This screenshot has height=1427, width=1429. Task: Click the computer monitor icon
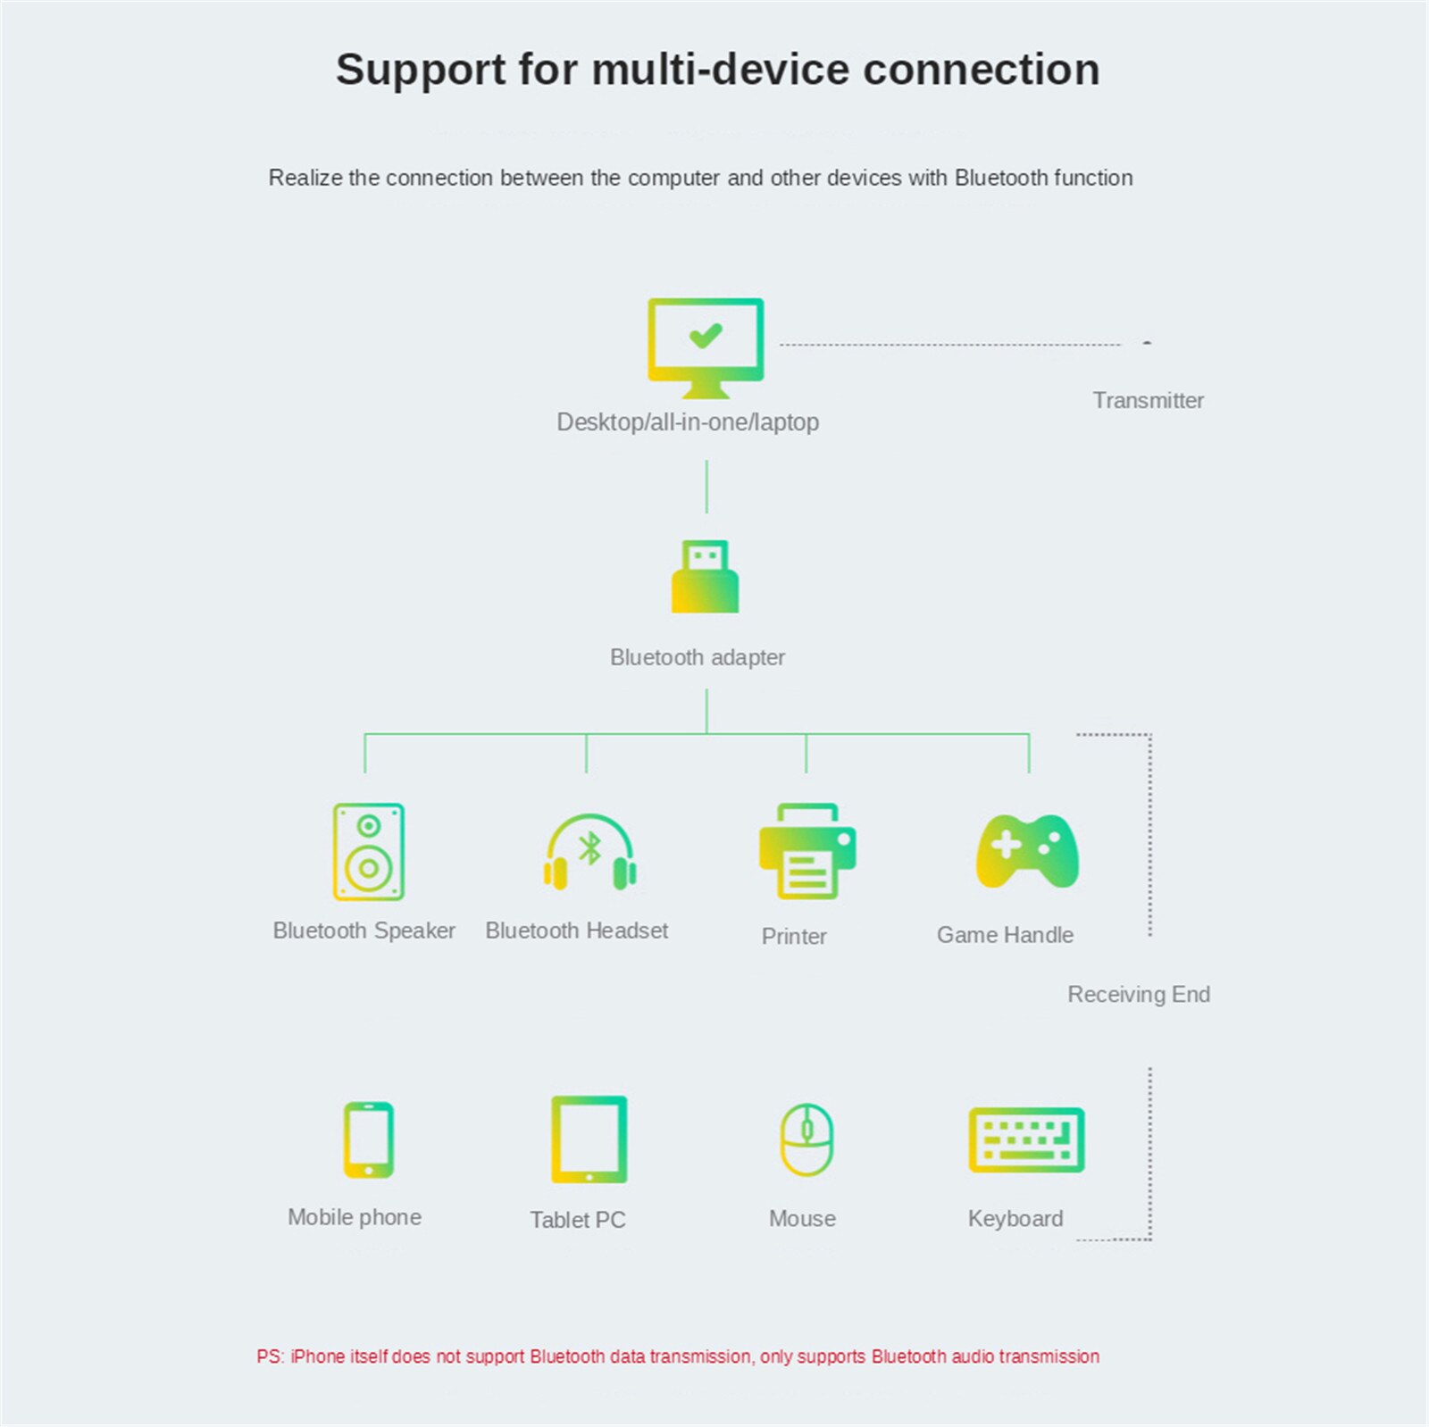click(706, 346)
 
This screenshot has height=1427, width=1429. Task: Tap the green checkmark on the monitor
click(706, 336)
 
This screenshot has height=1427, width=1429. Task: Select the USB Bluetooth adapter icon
click(706, 577)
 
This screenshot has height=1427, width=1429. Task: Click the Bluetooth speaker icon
click(368, 851)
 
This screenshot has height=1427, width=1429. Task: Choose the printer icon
click(807, 851)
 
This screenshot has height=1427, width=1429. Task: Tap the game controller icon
click(1027, 851)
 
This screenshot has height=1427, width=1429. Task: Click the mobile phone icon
click(368, 1139)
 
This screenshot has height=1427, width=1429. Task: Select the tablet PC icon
click(589, 1139)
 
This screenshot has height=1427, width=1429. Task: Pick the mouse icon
click(806, 1139)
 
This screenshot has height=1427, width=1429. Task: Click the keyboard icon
click(1027, 1140)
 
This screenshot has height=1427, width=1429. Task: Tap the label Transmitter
click(1148, 400)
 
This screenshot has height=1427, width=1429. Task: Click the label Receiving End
click(1139, 994)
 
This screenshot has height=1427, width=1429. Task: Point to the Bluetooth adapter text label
click(698, 657)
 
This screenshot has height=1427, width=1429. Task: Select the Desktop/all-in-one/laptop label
click(688, 421)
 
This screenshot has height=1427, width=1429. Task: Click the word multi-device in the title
click(720, 70)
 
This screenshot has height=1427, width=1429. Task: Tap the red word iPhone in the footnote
click(317, 1356)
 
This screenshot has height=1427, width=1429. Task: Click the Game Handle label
click(1005, 935)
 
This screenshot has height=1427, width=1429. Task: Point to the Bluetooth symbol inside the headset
click(590, 848)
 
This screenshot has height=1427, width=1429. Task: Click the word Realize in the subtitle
click(305, 178)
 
